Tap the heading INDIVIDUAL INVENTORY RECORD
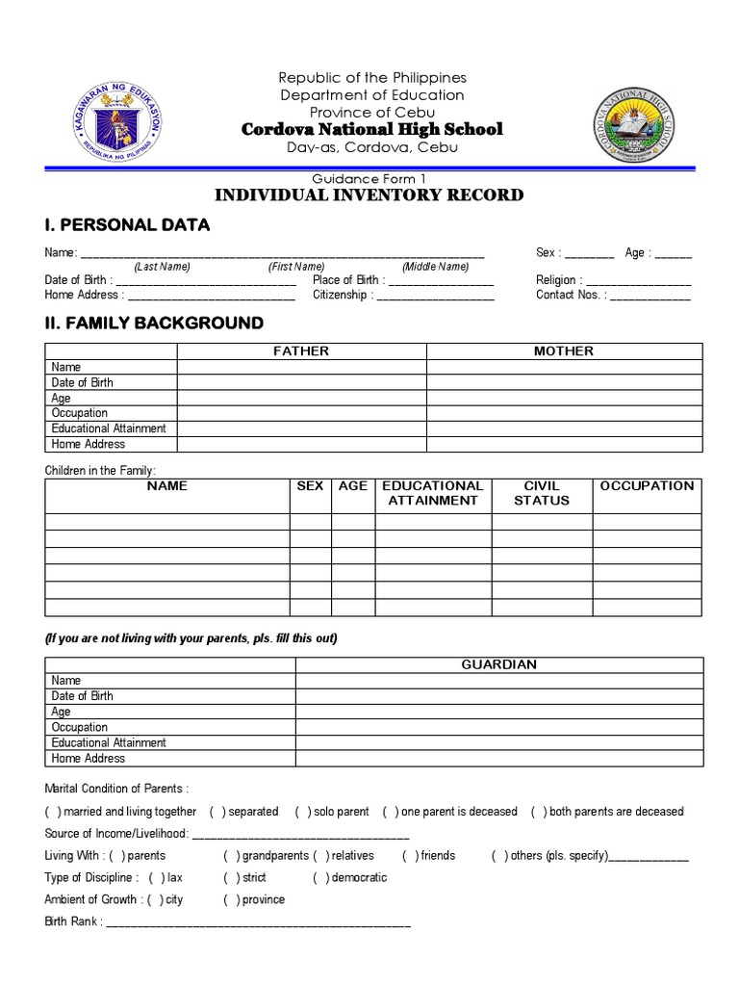point(369,195)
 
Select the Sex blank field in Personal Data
point(589,254)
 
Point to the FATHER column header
point(301,351)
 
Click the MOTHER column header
point(564,351)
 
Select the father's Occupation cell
point(301,413)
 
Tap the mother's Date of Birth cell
point(564,382)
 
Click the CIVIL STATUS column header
point(542,493)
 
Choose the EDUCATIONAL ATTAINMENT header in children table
point(432,493)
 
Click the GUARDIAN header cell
point(498,664)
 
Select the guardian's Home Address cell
point(498,759)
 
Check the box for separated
point(217,812)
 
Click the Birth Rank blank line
point(258,923)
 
